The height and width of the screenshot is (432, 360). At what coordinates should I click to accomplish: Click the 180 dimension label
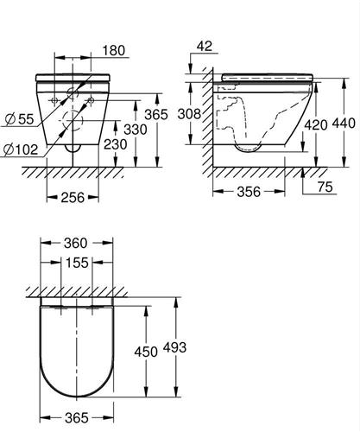coord(114,50)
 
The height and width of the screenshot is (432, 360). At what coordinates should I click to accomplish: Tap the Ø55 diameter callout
coord(20,119)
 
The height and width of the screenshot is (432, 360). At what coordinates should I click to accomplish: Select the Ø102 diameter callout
coord(21,149)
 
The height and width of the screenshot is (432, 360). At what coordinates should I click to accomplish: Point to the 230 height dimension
coord(115,144)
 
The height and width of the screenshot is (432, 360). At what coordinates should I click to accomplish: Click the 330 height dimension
coord(136,130)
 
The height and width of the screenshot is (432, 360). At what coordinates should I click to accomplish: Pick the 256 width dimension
coord(73,198)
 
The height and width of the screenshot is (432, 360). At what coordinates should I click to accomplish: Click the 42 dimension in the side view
coord(205,46)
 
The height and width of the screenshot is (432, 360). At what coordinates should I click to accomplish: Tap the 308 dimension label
coord(189,114)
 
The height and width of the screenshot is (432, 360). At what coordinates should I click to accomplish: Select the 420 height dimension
coord(316,124)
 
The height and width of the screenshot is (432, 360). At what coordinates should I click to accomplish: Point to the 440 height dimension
coord(344,124)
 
